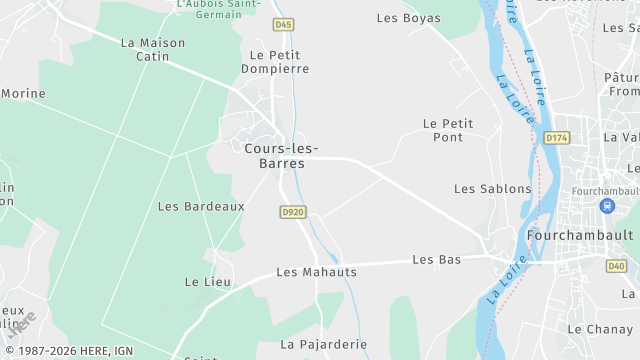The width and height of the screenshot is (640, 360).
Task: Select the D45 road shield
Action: click(283, 23)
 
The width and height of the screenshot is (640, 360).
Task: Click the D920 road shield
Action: click(292, 212)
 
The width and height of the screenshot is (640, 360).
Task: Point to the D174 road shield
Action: click(556, 137)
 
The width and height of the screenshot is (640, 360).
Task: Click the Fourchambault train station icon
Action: click(606, 206)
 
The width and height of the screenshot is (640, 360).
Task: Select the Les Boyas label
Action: click(408, 18)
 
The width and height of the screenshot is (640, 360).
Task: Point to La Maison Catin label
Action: click(153, 50)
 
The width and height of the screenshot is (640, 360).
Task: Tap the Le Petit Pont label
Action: click(448, 130)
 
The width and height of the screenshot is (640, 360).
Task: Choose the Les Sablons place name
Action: click(492, 188)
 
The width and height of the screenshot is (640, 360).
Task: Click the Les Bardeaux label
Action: click(201, 206)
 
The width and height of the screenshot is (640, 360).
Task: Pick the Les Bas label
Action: click(437, 260)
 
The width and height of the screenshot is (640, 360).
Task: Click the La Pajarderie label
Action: click(323, 344)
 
